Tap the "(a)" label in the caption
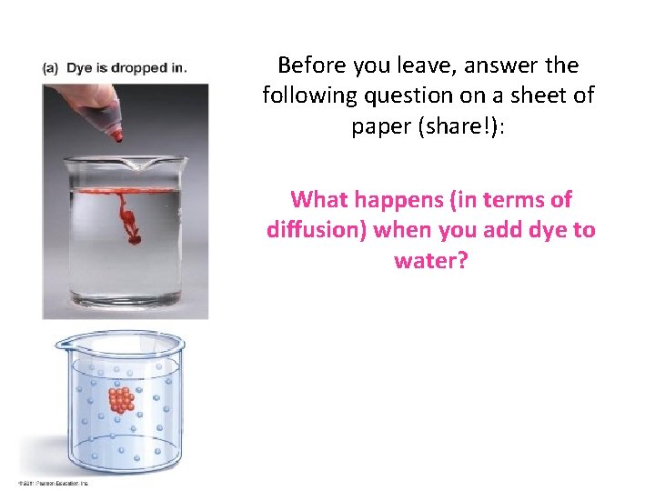tap(51, 69)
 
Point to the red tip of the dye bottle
tap(117, 135)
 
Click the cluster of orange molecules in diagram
tap(119, 401)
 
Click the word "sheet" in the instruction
tap(540, 95)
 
